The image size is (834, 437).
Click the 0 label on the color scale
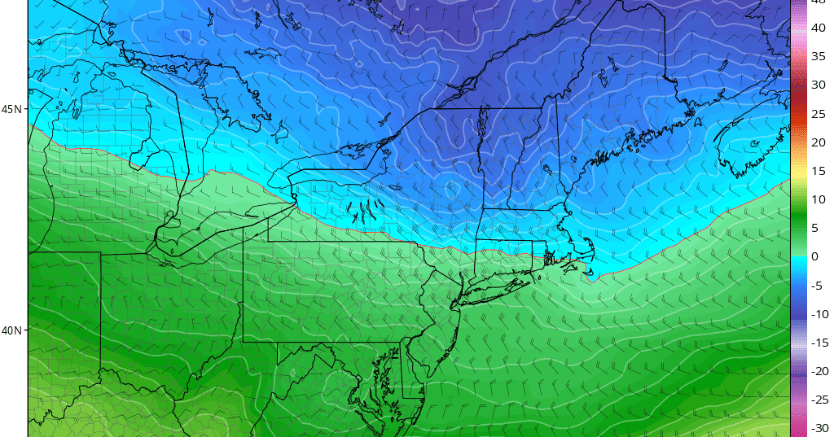(816, 257)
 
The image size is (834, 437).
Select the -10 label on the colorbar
(819, 314)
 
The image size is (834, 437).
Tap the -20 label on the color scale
(819, 371)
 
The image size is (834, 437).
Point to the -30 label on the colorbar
(819, 428)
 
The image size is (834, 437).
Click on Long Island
(497, 286)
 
